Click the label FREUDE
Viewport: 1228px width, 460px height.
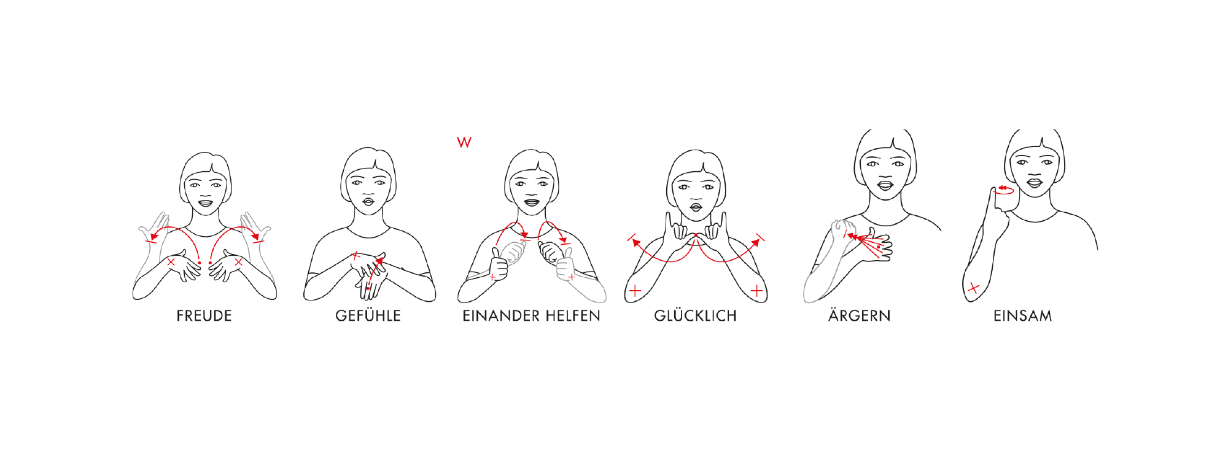204,316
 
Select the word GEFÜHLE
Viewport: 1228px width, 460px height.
368,316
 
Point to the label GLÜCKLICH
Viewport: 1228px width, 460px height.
695,316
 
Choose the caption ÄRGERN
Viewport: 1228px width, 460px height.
859,316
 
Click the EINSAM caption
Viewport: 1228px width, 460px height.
1022,316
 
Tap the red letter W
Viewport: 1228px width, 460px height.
464,142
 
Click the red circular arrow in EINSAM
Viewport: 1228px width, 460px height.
1005,190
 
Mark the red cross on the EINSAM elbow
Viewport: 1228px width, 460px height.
973,288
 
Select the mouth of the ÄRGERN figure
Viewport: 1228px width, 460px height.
885,185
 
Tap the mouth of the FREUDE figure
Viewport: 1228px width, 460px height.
204,204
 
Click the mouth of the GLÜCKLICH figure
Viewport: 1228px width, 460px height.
696,207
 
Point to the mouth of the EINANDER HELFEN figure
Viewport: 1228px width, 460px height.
531,202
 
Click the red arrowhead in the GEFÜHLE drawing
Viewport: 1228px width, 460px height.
379,261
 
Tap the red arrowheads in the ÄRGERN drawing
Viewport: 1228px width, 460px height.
852,236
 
